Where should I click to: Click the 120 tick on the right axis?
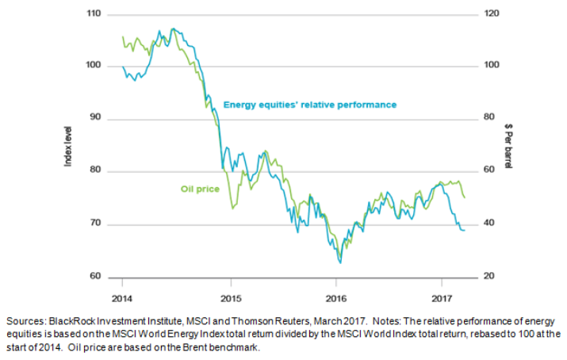point(489,14)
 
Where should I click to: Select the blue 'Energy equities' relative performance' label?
point(309,105)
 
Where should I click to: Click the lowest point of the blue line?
point(340,262)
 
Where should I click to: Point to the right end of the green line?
point(465,197)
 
